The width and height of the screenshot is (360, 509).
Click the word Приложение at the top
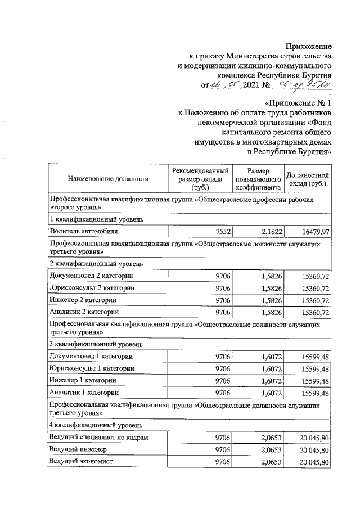[x=308, y=46]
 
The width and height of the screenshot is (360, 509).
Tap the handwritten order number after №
[x=301, y=85]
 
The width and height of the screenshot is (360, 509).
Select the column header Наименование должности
[x=108, y=179]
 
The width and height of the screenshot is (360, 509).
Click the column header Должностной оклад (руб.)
[x=307, y=179]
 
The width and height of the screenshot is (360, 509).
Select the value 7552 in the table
[x=223, y=231]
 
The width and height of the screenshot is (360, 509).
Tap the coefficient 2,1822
[x=272, y=231]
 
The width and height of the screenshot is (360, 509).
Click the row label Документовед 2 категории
[x=91, y=276]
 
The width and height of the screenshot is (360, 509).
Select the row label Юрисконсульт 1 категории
[x=92, y=368]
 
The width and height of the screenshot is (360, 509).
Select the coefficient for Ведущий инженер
[x=272, y=449]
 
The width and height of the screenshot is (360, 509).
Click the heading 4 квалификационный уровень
[x=91, y=425]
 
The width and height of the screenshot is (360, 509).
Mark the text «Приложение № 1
[x=298, y=103]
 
